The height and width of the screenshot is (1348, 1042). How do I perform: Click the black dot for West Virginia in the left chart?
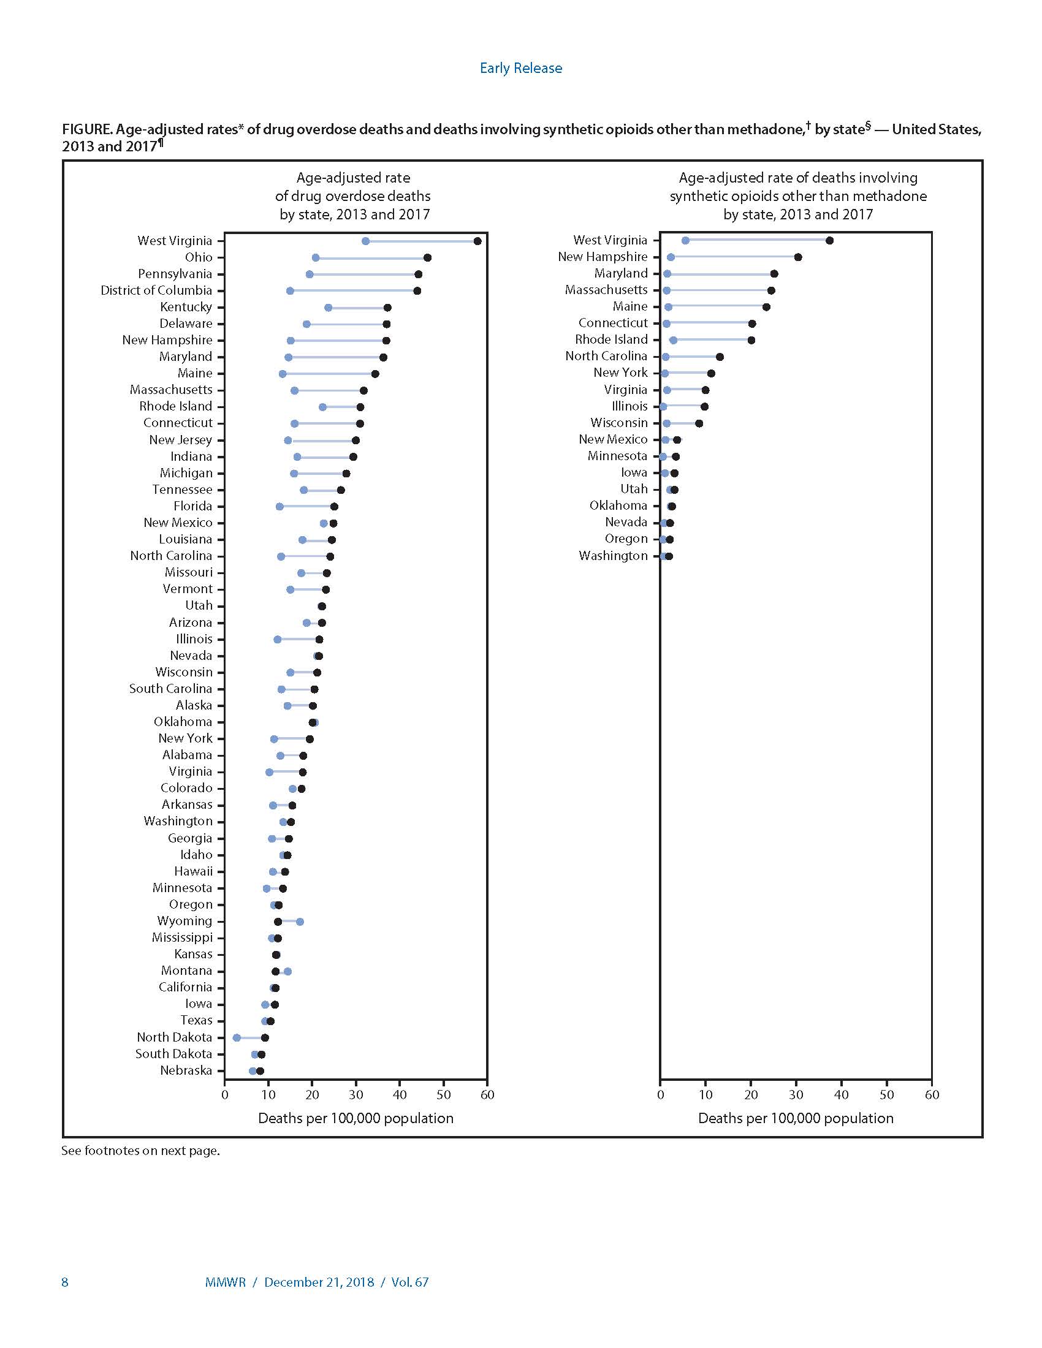(477, 241)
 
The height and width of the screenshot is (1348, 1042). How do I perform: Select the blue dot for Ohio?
(316, 257)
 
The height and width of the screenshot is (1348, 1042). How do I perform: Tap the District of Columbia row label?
(156, 290)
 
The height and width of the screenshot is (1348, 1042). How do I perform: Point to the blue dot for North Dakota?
(237, 1037)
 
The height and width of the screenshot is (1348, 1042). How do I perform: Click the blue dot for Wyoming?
(300, 922)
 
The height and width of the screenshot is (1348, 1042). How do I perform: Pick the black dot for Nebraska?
(260, 1071)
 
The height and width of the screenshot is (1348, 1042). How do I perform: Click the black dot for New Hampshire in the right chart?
(797, 257)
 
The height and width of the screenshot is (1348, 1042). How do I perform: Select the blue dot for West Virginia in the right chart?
(685, 240)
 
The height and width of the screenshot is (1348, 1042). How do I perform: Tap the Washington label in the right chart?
(613, 556)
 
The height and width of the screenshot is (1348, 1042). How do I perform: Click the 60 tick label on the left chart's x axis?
(487, 1094)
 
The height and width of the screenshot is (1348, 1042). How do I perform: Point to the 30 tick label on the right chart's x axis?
(796, 1094)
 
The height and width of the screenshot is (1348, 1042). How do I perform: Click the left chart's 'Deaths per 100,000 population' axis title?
(356, 1118)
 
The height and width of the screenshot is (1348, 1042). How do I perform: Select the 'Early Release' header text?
(521, 68)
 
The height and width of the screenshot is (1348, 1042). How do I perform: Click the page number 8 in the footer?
(65, 1282)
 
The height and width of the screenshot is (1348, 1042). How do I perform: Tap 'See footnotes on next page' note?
(141, 1151)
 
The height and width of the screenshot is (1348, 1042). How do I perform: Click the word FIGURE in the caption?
(86, 129)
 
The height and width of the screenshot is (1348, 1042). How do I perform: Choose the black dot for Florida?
(334, 506)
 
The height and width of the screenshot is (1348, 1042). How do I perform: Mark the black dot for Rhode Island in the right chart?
(751, 340)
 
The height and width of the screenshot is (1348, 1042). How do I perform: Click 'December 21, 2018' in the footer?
(319, 1282)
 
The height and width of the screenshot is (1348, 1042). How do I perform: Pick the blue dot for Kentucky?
(328, 308)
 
